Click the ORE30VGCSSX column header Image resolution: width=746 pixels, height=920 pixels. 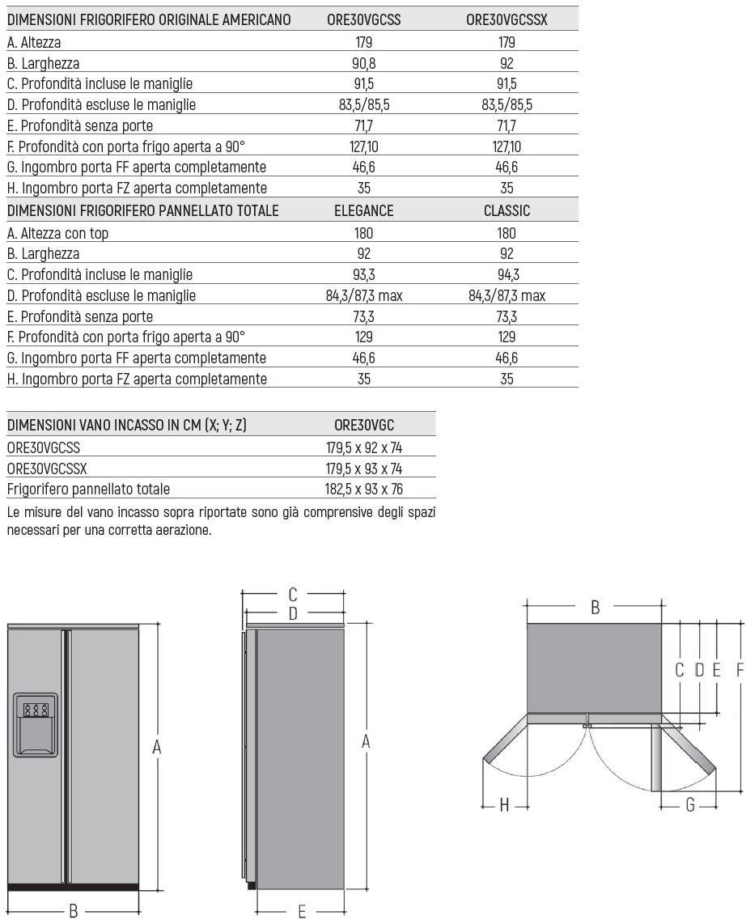(x=507, y=20)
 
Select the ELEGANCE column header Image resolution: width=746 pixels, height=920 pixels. (x=363, y=211)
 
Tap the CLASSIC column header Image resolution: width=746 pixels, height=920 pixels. (x=507, y=211)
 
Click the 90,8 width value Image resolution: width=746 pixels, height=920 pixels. (x=363, y=63)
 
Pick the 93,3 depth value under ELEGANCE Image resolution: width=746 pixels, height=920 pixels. (x=363, y=275)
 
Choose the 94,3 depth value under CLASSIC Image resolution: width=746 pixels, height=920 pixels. (x=507, y=275)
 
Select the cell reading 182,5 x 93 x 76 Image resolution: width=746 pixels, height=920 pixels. (x=363, y=489)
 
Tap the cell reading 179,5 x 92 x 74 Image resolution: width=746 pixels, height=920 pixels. (x=363, y=447)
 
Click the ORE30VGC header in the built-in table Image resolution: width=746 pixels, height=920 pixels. (x=363, y=425)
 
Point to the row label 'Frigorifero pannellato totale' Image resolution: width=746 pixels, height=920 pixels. (x=88, y=489)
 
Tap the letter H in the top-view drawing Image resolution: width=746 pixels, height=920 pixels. (x=504, y=806)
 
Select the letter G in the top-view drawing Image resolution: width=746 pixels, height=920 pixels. (x=690, y=806)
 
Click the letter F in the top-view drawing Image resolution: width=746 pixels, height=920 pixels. (x=740, y=669)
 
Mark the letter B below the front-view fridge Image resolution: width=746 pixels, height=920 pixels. (x=73, y=911)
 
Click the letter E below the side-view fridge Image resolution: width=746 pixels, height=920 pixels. (x=301, y=912)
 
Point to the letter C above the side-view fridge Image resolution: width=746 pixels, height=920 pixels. (x=294, y=595)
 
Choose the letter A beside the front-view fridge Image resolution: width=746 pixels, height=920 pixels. (x=157, y=748)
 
